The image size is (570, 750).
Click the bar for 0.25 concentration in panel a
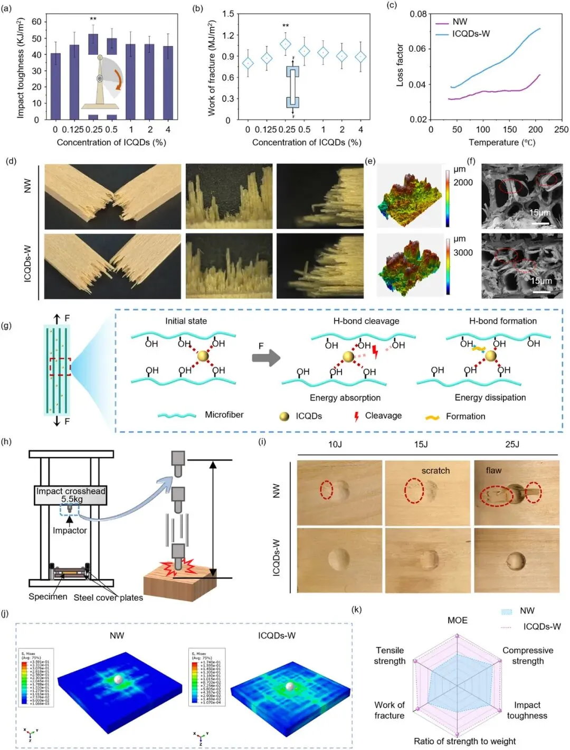93,44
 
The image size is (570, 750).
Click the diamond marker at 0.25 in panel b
285,44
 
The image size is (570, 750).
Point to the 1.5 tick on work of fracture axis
228,14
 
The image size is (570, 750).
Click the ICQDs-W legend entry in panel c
470,34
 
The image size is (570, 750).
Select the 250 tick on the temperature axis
561,129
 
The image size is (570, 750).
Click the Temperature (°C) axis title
502,143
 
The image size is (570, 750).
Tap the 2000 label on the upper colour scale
463,183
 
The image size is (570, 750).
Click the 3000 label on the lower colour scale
463,252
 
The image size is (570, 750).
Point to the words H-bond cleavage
366,321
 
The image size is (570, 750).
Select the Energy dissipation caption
490,398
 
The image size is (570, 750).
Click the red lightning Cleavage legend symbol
357,416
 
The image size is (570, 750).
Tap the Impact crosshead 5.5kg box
71,495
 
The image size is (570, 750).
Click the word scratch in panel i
435,471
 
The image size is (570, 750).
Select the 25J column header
512,444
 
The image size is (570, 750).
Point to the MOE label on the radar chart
457,620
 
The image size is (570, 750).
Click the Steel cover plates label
108,597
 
